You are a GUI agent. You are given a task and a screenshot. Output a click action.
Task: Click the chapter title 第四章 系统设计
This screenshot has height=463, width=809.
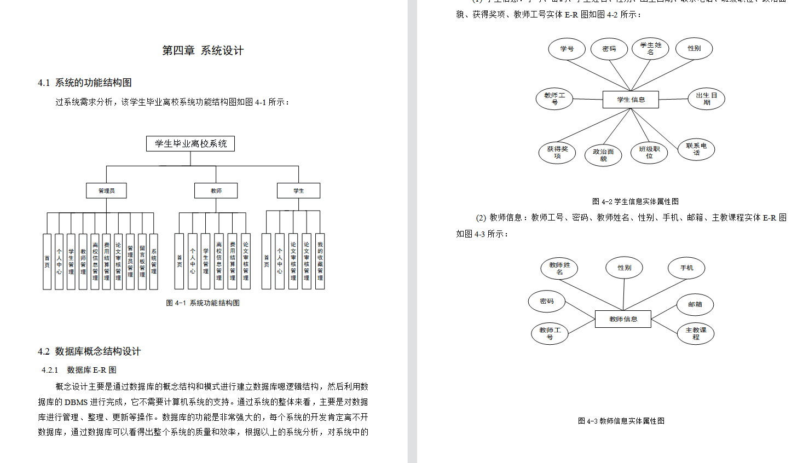203,51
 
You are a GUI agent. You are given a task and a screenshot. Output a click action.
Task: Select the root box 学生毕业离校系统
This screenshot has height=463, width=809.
190,143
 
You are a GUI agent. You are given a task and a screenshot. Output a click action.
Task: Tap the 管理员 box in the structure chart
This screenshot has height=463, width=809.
107,190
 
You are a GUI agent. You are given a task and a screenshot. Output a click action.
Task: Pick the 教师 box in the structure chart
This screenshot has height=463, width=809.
216,190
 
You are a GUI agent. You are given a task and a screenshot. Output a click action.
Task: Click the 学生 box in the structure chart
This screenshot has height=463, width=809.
298,190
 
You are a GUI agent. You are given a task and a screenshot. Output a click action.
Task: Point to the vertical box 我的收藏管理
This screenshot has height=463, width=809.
320,261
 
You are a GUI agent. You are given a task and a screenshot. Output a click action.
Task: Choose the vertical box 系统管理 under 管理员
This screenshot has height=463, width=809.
154,261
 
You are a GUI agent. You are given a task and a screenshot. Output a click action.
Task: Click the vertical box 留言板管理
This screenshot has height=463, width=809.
142,261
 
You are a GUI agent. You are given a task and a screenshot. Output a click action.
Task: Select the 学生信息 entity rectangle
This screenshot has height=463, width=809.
631,100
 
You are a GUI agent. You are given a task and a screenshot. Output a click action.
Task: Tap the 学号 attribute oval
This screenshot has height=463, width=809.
567,49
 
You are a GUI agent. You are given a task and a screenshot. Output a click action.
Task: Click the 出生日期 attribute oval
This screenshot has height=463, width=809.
706,99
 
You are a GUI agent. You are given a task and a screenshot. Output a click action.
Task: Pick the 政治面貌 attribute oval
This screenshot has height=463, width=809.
603,155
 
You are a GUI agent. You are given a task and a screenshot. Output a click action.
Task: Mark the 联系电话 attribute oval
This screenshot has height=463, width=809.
696,149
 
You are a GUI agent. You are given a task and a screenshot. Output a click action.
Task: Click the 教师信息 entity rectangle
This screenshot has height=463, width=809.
623,319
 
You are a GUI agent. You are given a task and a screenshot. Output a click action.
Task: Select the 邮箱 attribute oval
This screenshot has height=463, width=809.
695,304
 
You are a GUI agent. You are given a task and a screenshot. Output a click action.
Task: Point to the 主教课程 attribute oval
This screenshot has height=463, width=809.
696,333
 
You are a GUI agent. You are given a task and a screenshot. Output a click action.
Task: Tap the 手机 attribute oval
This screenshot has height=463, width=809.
686,268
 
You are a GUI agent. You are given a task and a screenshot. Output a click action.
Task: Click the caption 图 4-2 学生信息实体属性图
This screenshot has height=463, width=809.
635,201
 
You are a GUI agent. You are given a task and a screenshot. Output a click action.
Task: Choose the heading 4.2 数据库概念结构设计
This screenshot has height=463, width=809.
89,351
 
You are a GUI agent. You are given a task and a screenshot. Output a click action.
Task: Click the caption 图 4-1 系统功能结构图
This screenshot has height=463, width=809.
203,303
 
